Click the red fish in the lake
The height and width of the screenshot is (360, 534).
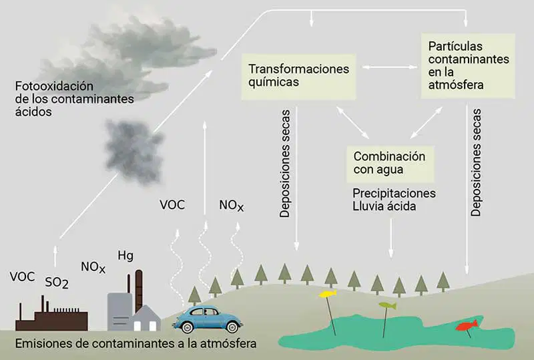(x=467, y=325)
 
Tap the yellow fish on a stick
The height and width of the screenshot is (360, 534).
(x=328, y=293)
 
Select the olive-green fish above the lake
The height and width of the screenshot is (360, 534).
(x=388, y=305)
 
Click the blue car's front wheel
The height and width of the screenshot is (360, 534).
(x=186, y=327)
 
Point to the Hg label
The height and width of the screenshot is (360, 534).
(x=125, y=256)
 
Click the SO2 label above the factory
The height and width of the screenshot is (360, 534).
(x=57, y=283)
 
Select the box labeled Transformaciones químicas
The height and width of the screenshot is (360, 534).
(x=298, y=77)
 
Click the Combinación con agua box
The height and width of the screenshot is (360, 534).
(x=390, y=164)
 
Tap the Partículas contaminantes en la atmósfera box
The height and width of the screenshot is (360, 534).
(x=468, y=66)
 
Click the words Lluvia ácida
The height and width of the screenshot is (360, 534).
(x=384, y=206)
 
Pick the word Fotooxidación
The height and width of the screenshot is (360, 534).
(x=54, y=86)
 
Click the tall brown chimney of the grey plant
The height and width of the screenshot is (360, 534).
(x=139, y=291)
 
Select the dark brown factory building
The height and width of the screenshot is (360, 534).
(x=51, y=315)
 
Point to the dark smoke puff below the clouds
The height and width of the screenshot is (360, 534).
(x=134, y=152)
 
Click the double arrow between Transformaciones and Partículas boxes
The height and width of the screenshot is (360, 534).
(x=390, y=67)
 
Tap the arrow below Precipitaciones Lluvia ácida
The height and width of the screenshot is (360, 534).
(x=391, y=238)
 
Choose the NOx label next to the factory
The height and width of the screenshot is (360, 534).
(x=93, y=267)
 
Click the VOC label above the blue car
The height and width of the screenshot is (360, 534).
(x=172, y=205)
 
